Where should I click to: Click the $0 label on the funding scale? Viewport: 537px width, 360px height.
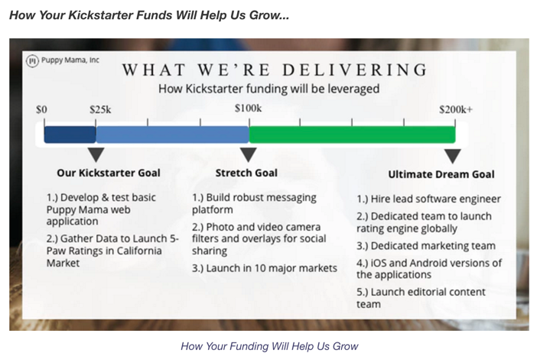click(41, 109)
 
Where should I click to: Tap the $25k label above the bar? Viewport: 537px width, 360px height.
click(100, 109)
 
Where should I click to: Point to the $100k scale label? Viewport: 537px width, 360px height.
click(249, 108)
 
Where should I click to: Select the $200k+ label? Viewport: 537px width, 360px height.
click(456, 109)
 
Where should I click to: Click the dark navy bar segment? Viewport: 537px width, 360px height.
click(70, 135)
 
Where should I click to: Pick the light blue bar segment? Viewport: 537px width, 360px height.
click(173, 135)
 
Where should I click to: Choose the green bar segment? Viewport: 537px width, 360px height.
click(353, 135)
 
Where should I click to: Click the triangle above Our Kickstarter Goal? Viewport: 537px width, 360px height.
click(96, 154)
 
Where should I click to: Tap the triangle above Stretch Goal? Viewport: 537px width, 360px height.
click(249, 154)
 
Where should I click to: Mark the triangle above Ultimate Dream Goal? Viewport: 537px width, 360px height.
click(453, 155)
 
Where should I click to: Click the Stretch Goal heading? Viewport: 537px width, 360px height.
click(246, 173)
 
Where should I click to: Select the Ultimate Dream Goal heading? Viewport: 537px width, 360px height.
click(441, 174)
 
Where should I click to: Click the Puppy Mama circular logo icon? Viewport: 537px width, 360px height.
click(33, 61)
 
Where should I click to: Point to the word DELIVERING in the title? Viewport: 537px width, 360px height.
click(355, 70)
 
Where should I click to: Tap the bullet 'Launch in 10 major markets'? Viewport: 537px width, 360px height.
click(265, 268)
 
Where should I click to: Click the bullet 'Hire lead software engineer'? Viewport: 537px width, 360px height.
click(428, 199)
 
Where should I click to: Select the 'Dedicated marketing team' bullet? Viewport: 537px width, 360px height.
click(426, 245)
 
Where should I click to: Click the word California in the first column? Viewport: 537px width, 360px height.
click(139, 251)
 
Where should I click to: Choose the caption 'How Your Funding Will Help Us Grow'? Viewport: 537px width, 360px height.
click(269, 346)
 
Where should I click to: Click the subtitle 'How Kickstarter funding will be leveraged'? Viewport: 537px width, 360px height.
click(268, 89)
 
